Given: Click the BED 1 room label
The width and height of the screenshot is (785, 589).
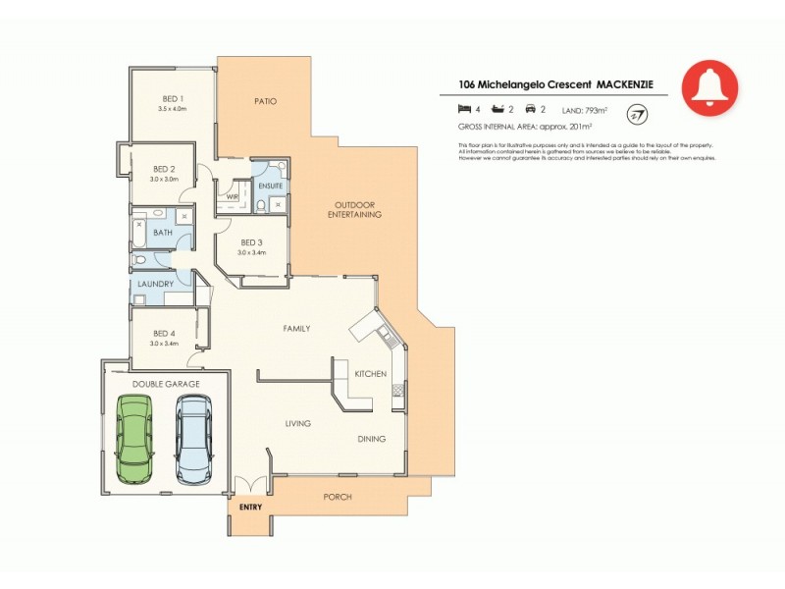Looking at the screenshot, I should click(173, 98).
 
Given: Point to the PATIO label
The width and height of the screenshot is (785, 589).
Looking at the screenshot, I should click(263, 100).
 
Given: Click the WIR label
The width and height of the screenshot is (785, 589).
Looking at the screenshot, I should click(232, 196).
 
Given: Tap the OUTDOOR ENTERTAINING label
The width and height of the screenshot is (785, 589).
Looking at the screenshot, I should click(356, 208).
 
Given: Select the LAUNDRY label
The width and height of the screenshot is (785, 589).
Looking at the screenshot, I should click(156, 285).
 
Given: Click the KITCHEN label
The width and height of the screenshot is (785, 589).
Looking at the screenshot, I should click(370, 374).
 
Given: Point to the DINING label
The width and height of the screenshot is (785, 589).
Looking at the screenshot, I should click(371, 439).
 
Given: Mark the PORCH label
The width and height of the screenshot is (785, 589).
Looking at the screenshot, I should click(338, 497).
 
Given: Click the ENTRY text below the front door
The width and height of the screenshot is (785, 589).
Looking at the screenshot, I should click(251, 508).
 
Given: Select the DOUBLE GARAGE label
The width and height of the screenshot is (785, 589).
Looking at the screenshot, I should click(166, 383).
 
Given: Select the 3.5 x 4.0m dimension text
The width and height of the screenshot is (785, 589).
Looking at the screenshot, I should click(173, 108).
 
